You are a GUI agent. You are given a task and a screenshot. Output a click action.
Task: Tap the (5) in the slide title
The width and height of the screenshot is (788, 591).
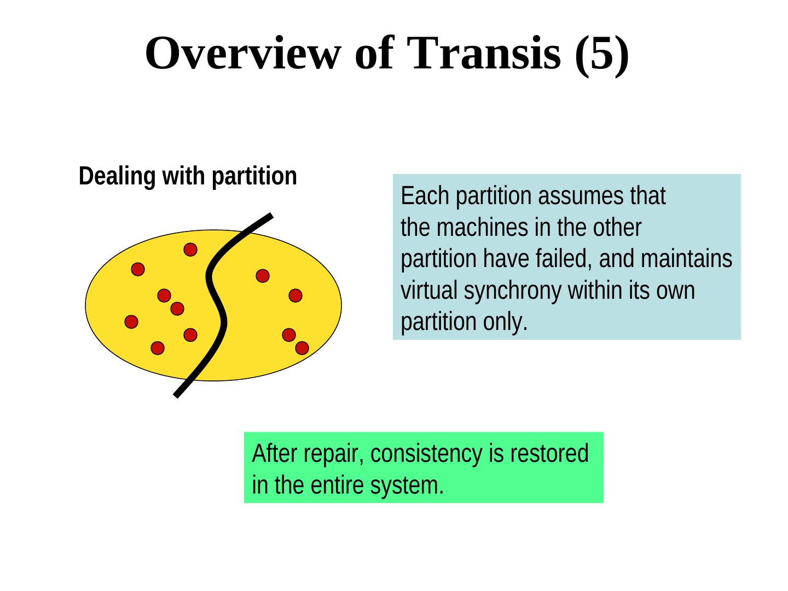tap(601, 54)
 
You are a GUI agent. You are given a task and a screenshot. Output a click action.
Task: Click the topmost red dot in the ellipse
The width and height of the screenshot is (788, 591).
tap(190, 250)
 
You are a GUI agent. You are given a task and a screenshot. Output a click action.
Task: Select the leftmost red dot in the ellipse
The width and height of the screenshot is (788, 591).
tap(131, 322)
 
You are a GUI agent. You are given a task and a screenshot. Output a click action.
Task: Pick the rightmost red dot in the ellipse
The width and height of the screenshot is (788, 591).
tap(302, 348)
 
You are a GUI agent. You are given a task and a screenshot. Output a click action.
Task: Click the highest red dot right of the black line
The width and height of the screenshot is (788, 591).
tap(263, 276)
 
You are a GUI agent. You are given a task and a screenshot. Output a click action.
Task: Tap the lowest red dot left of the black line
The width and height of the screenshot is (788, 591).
tap(158, 348)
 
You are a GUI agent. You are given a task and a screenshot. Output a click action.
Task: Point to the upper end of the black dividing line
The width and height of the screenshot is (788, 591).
tap(269, 216)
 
